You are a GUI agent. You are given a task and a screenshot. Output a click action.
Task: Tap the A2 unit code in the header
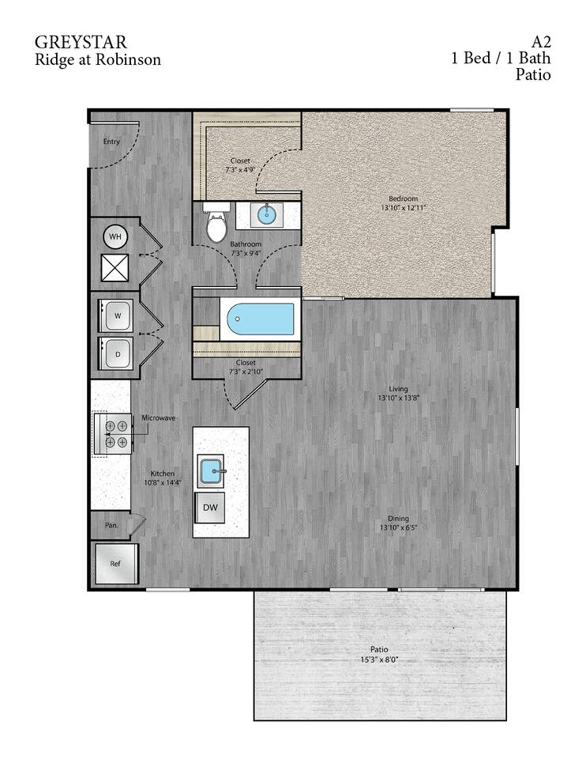click(540, 42)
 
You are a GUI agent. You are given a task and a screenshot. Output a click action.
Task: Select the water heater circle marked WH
click(115, 236)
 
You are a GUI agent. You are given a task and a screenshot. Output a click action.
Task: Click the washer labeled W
click(118, 315)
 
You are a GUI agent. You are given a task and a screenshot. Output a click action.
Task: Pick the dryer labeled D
click(118, 353)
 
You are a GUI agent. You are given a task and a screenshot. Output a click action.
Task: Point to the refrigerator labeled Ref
click(115, 565)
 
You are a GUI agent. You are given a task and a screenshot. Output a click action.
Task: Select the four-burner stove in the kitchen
click(116, 434)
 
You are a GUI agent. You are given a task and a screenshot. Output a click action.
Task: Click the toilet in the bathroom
click(216, 226)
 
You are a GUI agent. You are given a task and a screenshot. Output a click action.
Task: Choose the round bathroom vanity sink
click(269, 213)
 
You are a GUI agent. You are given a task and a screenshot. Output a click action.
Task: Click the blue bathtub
click(261, 320)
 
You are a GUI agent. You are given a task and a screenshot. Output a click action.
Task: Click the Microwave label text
click(158, 417)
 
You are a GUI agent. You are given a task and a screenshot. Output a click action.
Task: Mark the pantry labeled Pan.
click(112, 523)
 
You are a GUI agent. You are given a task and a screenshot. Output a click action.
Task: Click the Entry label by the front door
click(111, 142)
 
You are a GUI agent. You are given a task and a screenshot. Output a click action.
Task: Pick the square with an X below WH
click(115, 269)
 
